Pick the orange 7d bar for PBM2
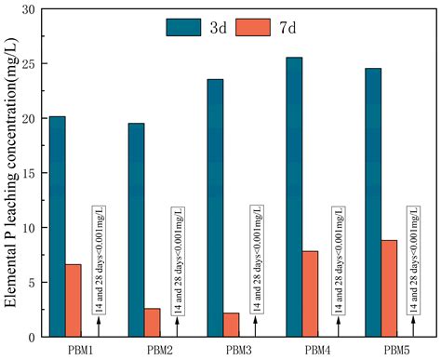point(152,322)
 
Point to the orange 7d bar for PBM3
point(231,324)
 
